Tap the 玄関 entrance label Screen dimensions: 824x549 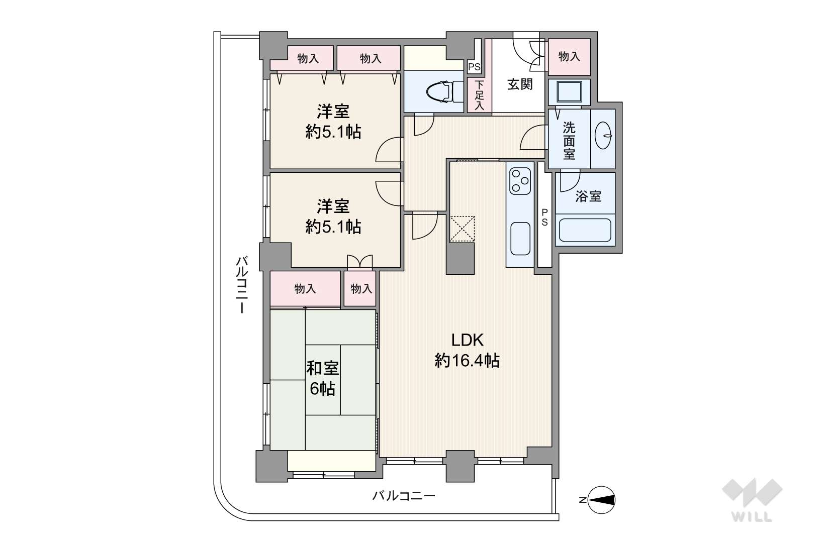pos(520,84)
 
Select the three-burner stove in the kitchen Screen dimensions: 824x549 pos(520,181)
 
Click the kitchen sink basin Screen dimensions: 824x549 pos(520,238)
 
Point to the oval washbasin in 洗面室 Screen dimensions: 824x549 pos(603,136)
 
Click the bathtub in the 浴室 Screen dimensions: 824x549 pos(585,230)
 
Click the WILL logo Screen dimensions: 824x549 pos(752,500)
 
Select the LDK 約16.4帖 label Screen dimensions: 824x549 pos(467,351)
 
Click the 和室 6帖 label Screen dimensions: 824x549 pos(323,379)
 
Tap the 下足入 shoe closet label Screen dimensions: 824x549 pos(479,95)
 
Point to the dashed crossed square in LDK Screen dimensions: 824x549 pos(462,229)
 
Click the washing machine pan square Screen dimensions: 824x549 pos(569,92)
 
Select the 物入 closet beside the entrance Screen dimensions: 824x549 pos(569,57)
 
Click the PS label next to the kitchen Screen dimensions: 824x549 pos(544,217)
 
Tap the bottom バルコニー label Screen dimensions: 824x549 pos(404,496)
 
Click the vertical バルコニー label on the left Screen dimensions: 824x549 pos(242,285)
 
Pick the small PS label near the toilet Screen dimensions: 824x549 pos(474,67)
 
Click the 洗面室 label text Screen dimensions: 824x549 pos(569,141)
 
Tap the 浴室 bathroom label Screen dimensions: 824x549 pos(588,196)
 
